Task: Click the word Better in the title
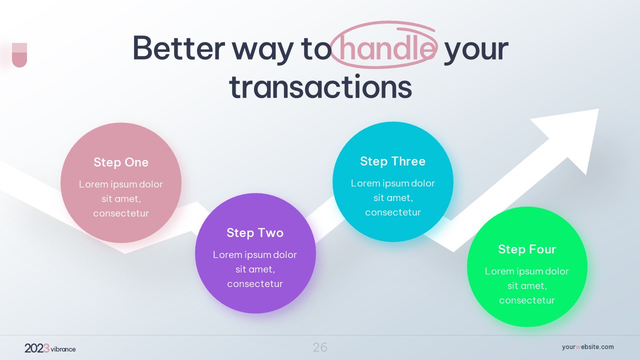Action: click(179, 48)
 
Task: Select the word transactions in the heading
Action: click(320, 86)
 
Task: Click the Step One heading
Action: click(121, 162)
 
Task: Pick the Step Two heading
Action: click(255, 233)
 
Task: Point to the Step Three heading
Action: click(393, 161)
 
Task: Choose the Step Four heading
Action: click(527, 249)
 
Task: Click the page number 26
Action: click(320, 347)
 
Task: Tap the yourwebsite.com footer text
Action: click(587, 347)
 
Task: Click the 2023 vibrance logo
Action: click(50, 348)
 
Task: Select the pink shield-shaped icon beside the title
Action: click(19, 55)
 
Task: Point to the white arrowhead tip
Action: click(598, 109)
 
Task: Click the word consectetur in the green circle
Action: click(527, 300)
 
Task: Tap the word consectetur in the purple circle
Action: click(255, 283)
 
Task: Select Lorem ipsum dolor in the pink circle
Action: click(121, 184)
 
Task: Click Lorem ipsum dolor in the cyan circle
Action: click(393, 183)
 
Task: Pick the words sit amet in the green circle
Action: click(527, 285)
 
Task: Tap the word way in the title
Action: click(262, 51)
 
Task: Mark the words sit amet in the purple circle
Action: click(255, 269)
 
